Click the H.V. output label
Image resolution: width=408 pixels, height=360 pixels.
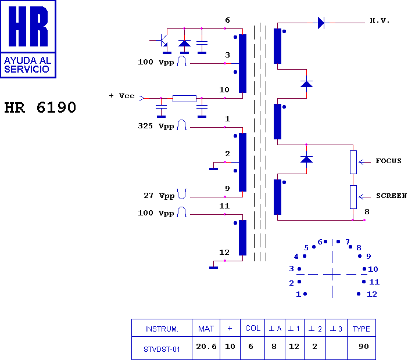[380, 20]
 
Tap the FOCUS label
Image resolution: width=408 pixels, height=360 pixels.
[388, 161]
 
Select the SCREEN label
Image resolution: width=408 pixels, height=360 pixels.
[391, 196]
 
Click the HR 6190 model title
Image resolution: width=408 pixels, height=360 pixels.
[40, 107]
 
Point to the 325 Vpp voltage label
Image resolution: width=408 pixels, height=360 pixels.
[156, 127]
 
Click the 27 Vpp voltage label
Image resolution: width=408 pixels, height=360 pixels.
[159, 196]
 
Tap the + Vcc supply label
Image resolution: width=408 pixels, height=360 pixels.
[121, 96]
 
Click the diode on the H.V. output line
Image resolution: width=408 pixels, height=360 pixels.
[321, 23]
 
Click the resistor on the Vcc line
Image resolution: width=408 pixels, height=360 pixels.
[184, 99]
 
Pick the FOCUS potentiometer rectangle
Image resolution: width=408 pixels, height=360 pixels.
[353, 162]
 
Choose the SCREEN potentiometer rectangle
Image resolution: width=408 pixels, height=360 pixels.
[353, 197]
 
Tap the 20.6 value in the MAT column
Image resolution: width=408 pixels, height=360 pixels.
[206, 347]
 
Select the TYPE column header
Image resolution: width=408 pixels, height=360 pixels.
[361, 329]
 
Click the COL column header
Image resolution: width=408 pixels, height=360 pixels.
[253, 328]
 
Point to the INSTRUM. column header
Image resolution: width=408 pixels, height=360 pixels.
[162, 329]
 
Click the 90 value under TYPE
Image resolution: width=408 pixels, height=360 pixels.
[364, 346]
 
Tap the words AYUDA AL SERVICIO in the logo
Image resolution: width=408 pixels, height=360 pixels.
[27, 64]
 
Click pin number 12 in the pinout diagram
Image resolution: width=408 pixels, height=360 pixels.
[372, 294]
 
